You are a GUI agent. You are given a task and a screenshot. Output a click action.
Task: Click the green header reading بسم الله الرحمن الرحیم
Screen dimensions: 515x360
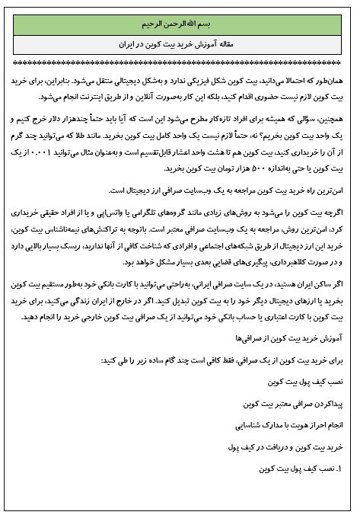(x=179, y=22)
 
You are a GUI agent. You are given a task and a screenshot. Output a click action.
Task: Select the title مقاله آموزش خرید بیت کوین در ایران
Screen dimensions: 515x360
(x=180, y=46)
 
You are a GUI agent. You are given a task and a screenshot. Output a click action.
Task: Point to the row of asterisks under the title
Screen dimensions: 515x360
(x=180, y=63)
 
